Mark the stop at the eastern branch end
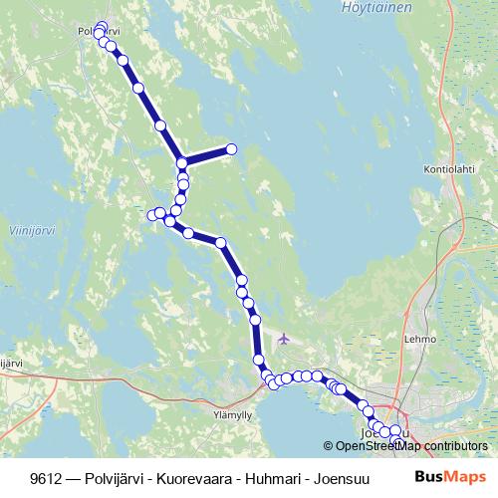click(x=231, y=149)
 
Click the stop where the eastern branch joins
click(x=182, y=163)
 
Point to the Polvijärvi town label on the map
click(x=98, y=31)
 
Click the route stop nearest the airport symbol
click(x=255, y=320)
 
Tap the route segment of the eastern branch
click(x=207, y=156)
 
